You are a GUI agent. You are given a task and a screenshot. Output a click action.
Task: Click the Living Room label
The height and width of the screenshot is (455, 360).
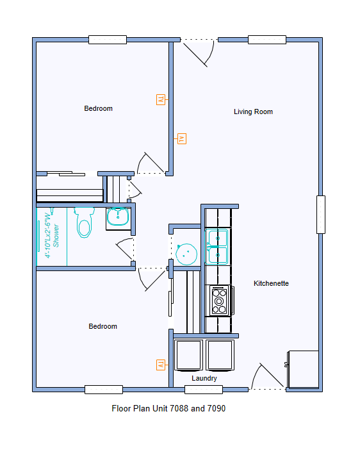pos(253,112)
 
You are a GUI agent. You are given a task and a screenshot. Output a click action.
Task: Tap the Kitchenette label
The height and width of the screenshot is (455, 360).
pos(271,283)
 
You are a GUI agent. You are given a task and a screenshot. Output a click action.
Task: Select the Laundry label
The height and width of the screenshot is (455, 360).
pos(204,379)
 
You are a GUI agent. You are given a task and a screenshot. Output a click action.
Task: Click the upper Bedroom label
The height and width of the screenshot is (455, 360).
pos(98,108)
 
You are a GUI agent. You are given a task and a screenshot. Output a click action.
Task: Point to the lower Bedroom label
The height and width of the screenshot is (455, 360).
pos(102,326)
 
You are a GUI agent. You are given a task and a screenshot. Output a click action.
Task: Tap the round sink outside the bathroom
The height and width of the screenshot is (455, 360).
pos(186,254)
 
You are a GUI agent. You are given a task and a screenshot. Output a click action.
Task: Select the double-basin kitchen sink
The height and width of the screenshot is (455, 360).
pos(218,247)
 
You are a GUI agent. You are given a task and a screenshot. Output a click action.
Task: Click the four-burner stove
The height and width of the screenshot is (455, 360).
pos(220,301)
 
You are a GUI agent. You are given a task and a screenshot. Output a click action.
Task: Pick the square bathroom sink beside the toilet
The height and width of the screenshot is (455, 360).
pos(117,217)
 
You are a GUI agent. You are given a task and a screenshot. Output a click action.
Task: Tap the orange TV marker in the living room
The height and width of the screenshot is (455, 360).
pos(182,138)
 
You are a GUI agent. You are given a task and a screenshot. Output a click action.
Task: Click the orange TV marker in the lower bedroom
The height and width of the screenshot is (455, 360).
pos(160,365)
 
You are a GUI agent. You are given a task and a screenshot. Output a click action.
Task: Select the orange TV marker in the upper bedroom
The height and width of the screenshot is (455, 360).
pos(160,99)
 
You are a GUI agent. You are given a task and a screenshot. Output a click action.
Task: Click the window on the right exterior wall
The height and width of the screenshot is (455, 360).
pos(320,214)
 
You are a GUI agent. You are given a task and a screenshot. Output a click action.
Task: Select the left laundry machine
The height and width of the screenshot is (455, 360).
pos(189,356)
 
